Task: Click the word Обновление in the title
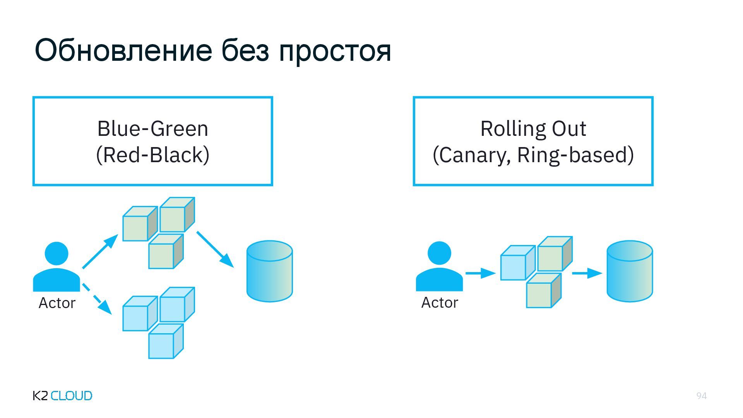pos(123,51)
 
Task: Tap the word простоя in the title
pos(335,51)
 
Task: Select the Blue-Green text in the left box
pos(152,128)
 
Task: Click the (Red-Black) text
pos(152,155)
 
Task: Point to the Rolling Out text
pos(533,128)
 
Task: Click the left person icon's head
pos(56,254)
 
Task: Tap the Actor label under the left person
pos(57,303)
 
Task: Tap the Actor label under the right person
pos(440,303)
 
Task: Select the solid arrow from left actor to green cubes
pos(100,252)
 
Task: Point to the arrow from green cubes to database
pos(215,249)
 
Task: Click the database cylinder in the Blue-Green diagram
pos(269,271)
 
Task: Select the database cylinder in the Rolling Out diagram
pos(630,271)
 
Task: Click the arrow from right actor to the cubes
pos(480,273)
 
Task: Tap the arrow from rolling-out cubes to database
pos(586,273)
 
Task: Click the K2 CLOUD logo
pos(62,396)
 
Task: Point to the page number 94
pos(701,396)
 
